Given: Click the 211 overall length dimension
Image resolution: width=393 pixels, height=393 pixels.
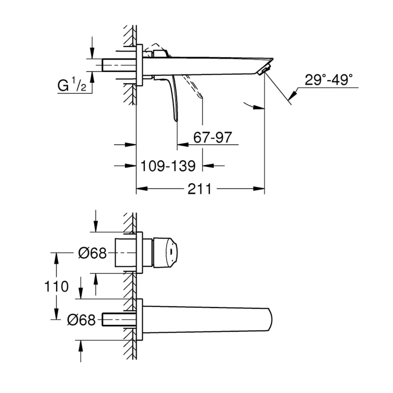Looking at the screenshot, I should [200, 189].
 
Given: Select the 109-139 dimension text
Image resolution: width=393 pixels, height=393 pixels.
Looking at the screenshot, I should [168, 166].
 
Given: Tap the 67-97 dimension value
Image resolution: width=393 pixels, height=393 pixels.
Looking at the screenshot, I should [212, 138].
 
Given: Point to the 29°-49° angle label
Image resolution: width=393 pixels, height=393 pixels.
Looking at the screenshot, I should [328, 80].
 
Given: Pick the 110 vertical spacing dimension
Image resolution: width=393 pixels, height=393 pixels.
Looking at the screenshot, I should [56, 286].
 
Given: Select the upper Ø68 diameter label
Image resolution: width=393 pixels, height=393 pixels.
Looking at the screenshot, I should [92, 253].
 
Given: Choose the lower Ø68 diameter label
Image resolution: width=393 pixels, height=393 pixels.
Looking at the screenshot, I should [81, 320].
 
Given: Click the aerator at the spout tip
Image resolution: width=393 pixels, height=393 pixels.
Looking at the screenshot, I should [264, 69].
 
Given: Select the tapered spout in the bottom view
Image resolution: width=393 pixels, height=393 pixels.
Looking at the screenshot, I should [206, 319].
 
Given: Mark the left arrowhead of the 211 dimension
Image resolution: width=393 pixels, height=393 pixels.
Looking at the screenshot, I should [140, 189].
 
